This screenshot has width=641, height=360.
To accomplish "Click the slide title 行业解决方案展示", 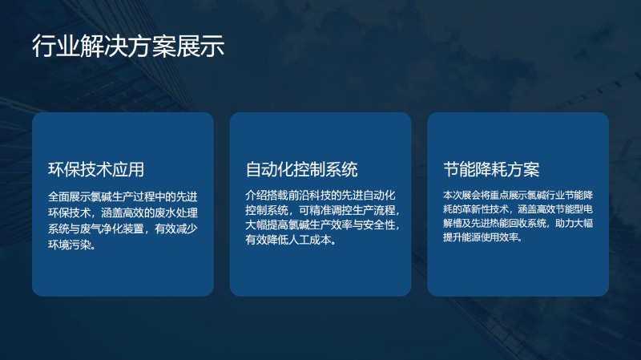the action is click(x=128, y=46).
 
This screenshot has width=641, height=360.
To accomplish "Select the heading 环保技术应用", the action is click(x=96, y=169).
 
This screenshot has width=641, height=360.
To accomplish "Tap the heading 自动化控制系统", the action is click(x=302, y=169).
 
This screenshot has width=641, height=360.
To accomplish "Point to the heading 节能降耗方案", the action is click(x=491, y=169).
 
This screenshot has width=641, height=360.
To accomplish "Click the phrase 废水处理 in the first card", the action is click(x=176, y=212).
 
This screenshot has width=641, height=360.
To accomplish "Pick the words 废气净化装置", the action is click(x=112, y=229).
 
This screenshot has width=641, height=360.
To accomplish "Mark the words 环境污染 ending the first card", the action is click(x=70, y=245).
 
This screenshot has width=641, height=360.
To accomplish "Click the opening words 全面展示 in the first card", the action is click(x=70, y=196).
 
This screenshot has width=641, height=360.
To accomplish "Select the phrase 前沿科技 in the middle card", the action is click(x=309, y=195).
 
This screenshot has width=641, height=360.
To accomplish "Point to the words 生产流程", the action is click(x=374, y=210).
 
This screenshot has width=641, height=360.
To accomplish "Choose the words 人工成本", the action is click(x=309, y=240).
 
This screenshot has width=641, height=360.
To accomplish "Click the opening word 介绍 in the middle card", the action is click(x=256, y=195).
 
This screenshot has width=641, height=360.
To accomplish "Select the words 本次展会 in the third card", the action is click(x=462, y=195).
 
